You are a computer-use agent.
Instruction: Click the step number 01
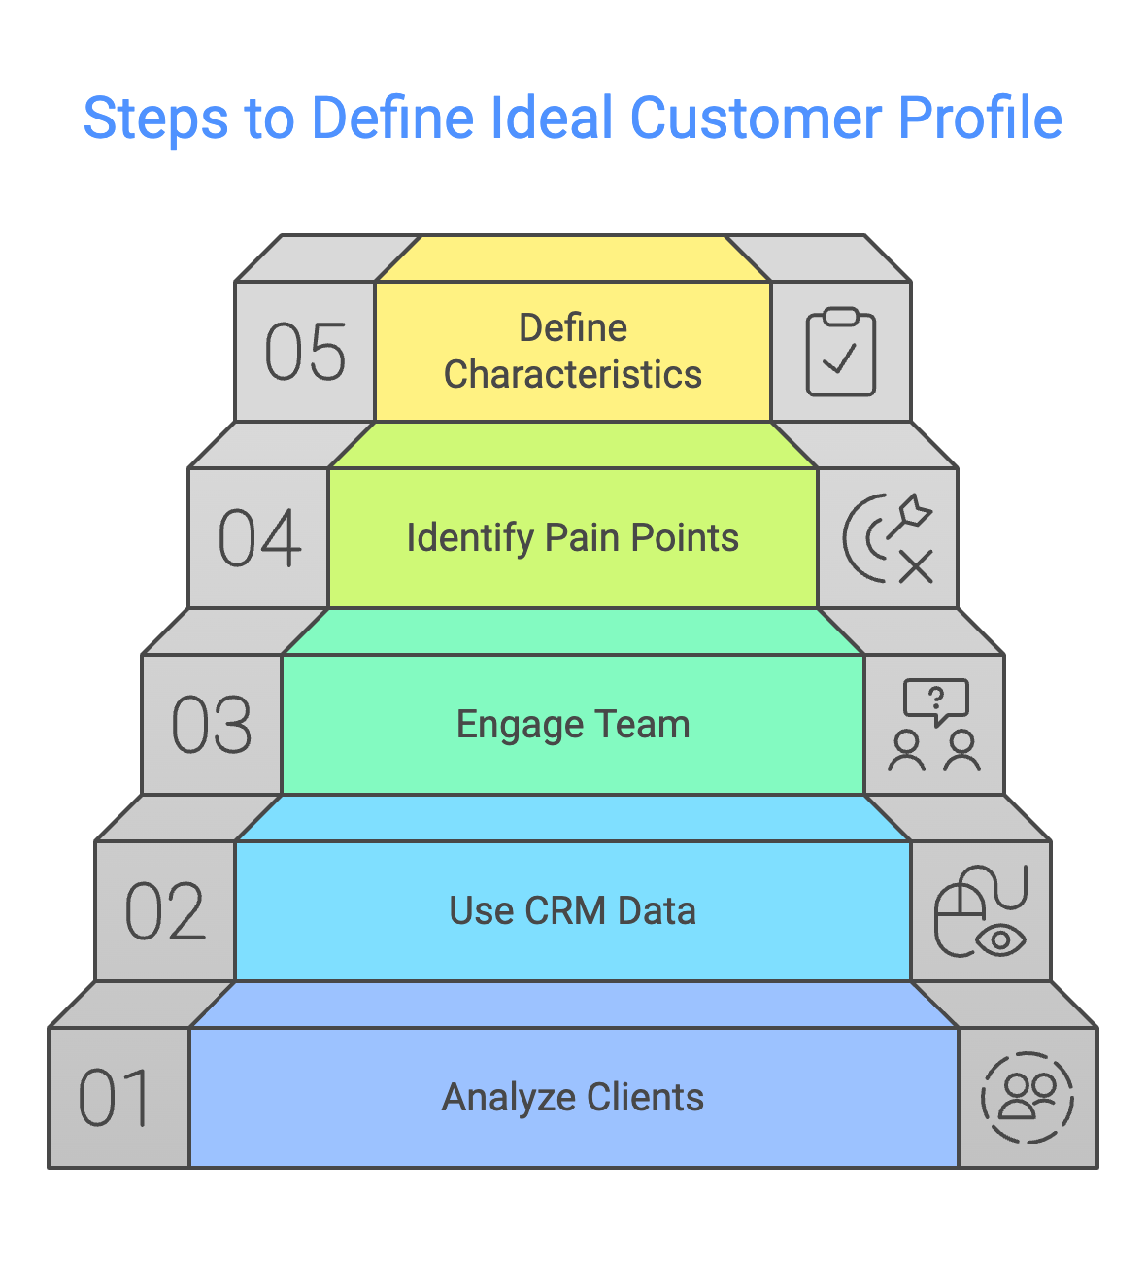(x=115, y=1098)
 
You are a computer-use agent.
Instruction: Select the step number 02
(x=165, y=911)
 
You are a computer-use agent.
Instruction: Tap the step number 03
(x=212, y=725)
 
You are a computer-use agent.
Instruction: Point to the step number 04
(x=259, y=538)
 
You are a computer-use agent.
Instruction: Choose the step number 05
(x=305, y=352)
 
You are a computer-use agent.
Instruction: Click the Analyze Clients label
(x=573, y=1098)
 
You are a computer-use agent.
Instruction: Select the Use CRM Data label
(x=573, y=911)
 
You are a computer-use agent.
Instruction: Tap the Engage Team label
(x=573, y=725)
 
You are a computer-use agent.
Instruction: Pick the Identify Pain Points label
(x=573, y=538)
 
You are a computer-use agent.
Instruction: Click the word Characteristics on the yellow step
(x=573, y=375)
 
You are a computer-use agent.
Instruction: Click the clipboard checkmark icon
(x=841, y=352)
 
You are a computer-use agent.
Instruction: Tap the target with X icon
(x=888, y=538)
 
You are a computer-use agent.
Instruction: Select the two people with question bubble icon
(x=934, y=725)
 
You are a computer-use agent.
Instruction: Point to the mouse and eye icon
(x=981, y=911)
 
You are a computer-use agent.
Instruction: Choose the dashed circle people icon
(x=1028, y=1098)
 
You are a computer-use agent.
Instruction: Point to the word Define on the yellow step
(x=573, y=328)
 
